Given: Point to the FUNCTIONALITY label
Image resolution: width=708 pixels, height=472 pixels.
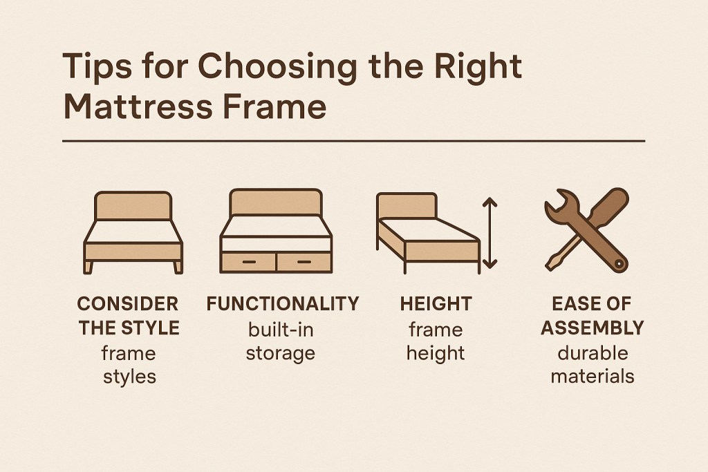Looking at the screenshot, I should (283, 303).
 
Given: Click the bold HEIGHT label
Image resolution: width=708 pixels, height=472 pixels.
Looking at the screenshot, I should (435, 303).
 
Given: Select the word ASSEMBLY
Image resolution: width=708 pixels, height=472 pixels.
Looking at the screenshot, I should (593, 328).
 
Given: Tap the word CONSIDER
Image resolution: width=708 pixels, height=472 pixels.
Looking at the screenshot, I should (127, 303).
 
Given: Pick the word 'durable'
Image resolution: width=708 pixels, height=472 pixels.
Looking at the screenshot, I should (593, 352).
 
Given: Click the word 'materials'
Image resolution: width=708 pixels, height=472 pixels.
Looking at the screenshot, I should (593, 377).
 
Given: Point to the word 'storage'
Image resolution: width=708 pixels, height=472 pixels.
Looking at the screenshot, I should (281, 354).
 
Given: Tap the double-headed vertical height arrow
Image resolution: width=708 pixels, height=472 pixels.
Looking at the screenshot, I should (490, 233).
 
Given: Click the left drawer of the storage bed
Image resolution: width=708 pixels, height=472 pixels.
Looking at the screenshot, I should (248, 261).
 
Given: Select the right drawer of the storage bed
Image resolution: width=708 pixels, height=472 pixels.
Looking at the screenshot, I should (304, 261).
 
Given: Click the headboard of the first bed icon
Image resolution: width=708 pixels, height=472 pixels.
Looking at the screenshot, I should (132, 206).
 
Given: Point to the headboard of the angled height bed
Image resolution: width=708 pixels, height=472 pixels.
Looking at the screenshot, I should (406, 207).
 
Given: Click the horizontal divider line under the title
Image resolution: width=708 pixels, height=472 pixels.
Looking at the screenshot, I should (353, 141).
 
